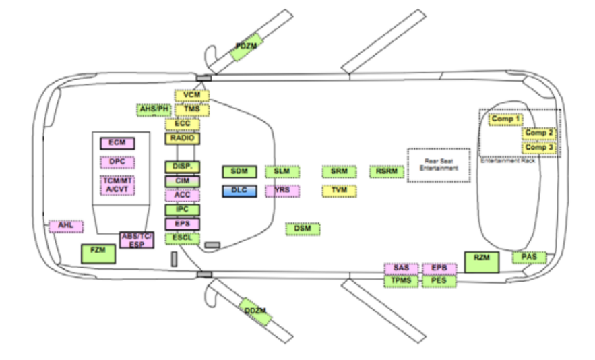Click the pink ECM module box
coord(117,143)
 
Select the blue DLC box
coord(240,191)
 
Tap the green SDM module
coord(240,171)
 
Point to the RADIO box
coord(183,138)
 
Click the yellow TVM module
coord(339,191)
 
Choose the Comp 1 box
coord(505,119)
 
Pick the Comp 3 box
coord(540,148)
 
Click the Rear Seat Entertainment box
coord(438,164)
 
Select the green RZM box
coord(481,262)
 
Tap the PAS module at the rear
coord(528,258)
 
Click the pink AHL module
coord(66,226)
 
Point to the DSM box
coord(303,229)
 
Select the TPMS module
coord(400,280)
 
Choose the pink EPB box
coord(439,268)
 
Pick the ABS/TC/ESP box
coord(137,239)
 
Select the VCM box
coord(192,96)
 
